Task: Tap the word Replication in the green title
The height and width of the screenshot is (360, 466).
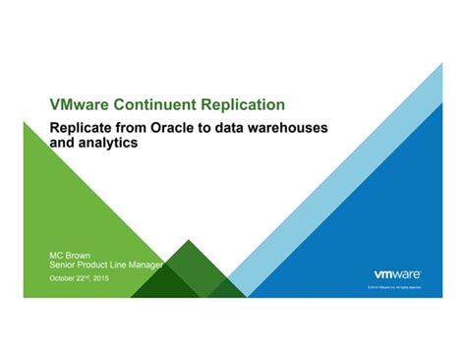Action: [x=250, y=104]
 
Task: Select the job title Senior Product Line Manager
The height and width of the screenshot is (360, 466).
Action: [x=106, y=265]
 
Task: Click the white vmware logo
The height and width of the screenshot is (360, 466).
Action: [x=397, y=273]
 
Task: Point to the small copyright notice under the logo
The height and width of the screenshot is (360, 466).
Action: [x=393, y=287]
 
